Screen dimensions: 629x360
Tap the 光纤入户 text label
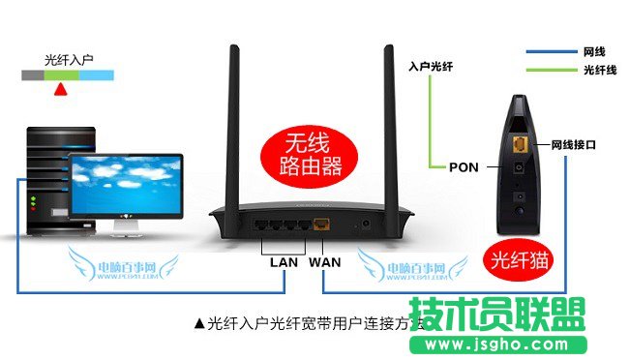(x=69, y=60)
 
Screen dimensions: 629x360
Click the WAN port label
(x=326, y=260)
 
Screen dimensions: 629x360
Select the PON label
(x=464, y=166)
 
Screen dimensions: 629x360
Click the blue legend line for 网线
(x=549, y=50)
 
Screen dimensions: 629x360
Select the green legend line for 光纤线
(x=549, y=70)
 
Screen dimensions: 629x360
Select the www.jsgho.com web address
(x=507, y=345)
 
